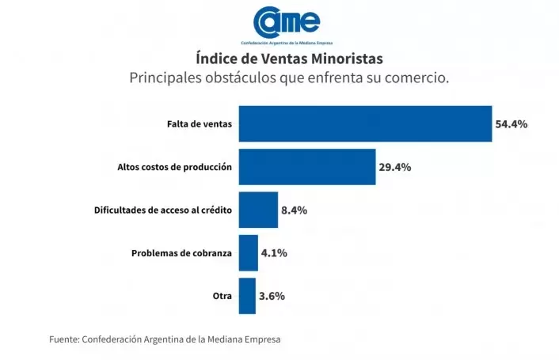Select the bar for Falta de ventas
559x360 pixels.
pos(365,123)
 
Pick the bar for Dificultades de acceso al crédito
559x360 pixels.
pos(258,210)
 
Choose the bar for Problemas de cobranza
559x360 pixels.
pos(249,253)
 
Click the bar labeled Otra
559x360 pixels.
pos(247,296)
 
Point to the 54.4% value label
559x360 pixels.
pos(511,124)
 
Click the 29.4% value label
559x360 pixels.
pos(395,167)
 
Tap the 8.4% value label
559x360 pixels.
pos(294,210)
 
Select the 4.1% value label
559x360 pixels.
pos(274,253)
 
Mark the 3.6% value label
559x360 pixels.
pos(272,296)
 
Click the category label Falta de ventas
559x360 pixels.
pos(200,124)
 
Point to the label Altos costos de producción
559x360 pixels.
pos(174,167)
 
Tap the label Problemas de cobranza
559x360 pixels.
pos(181,253)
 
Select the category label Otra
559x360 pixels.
pos(222,296)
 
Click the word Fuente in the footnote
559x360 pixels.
pos(64,339)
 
